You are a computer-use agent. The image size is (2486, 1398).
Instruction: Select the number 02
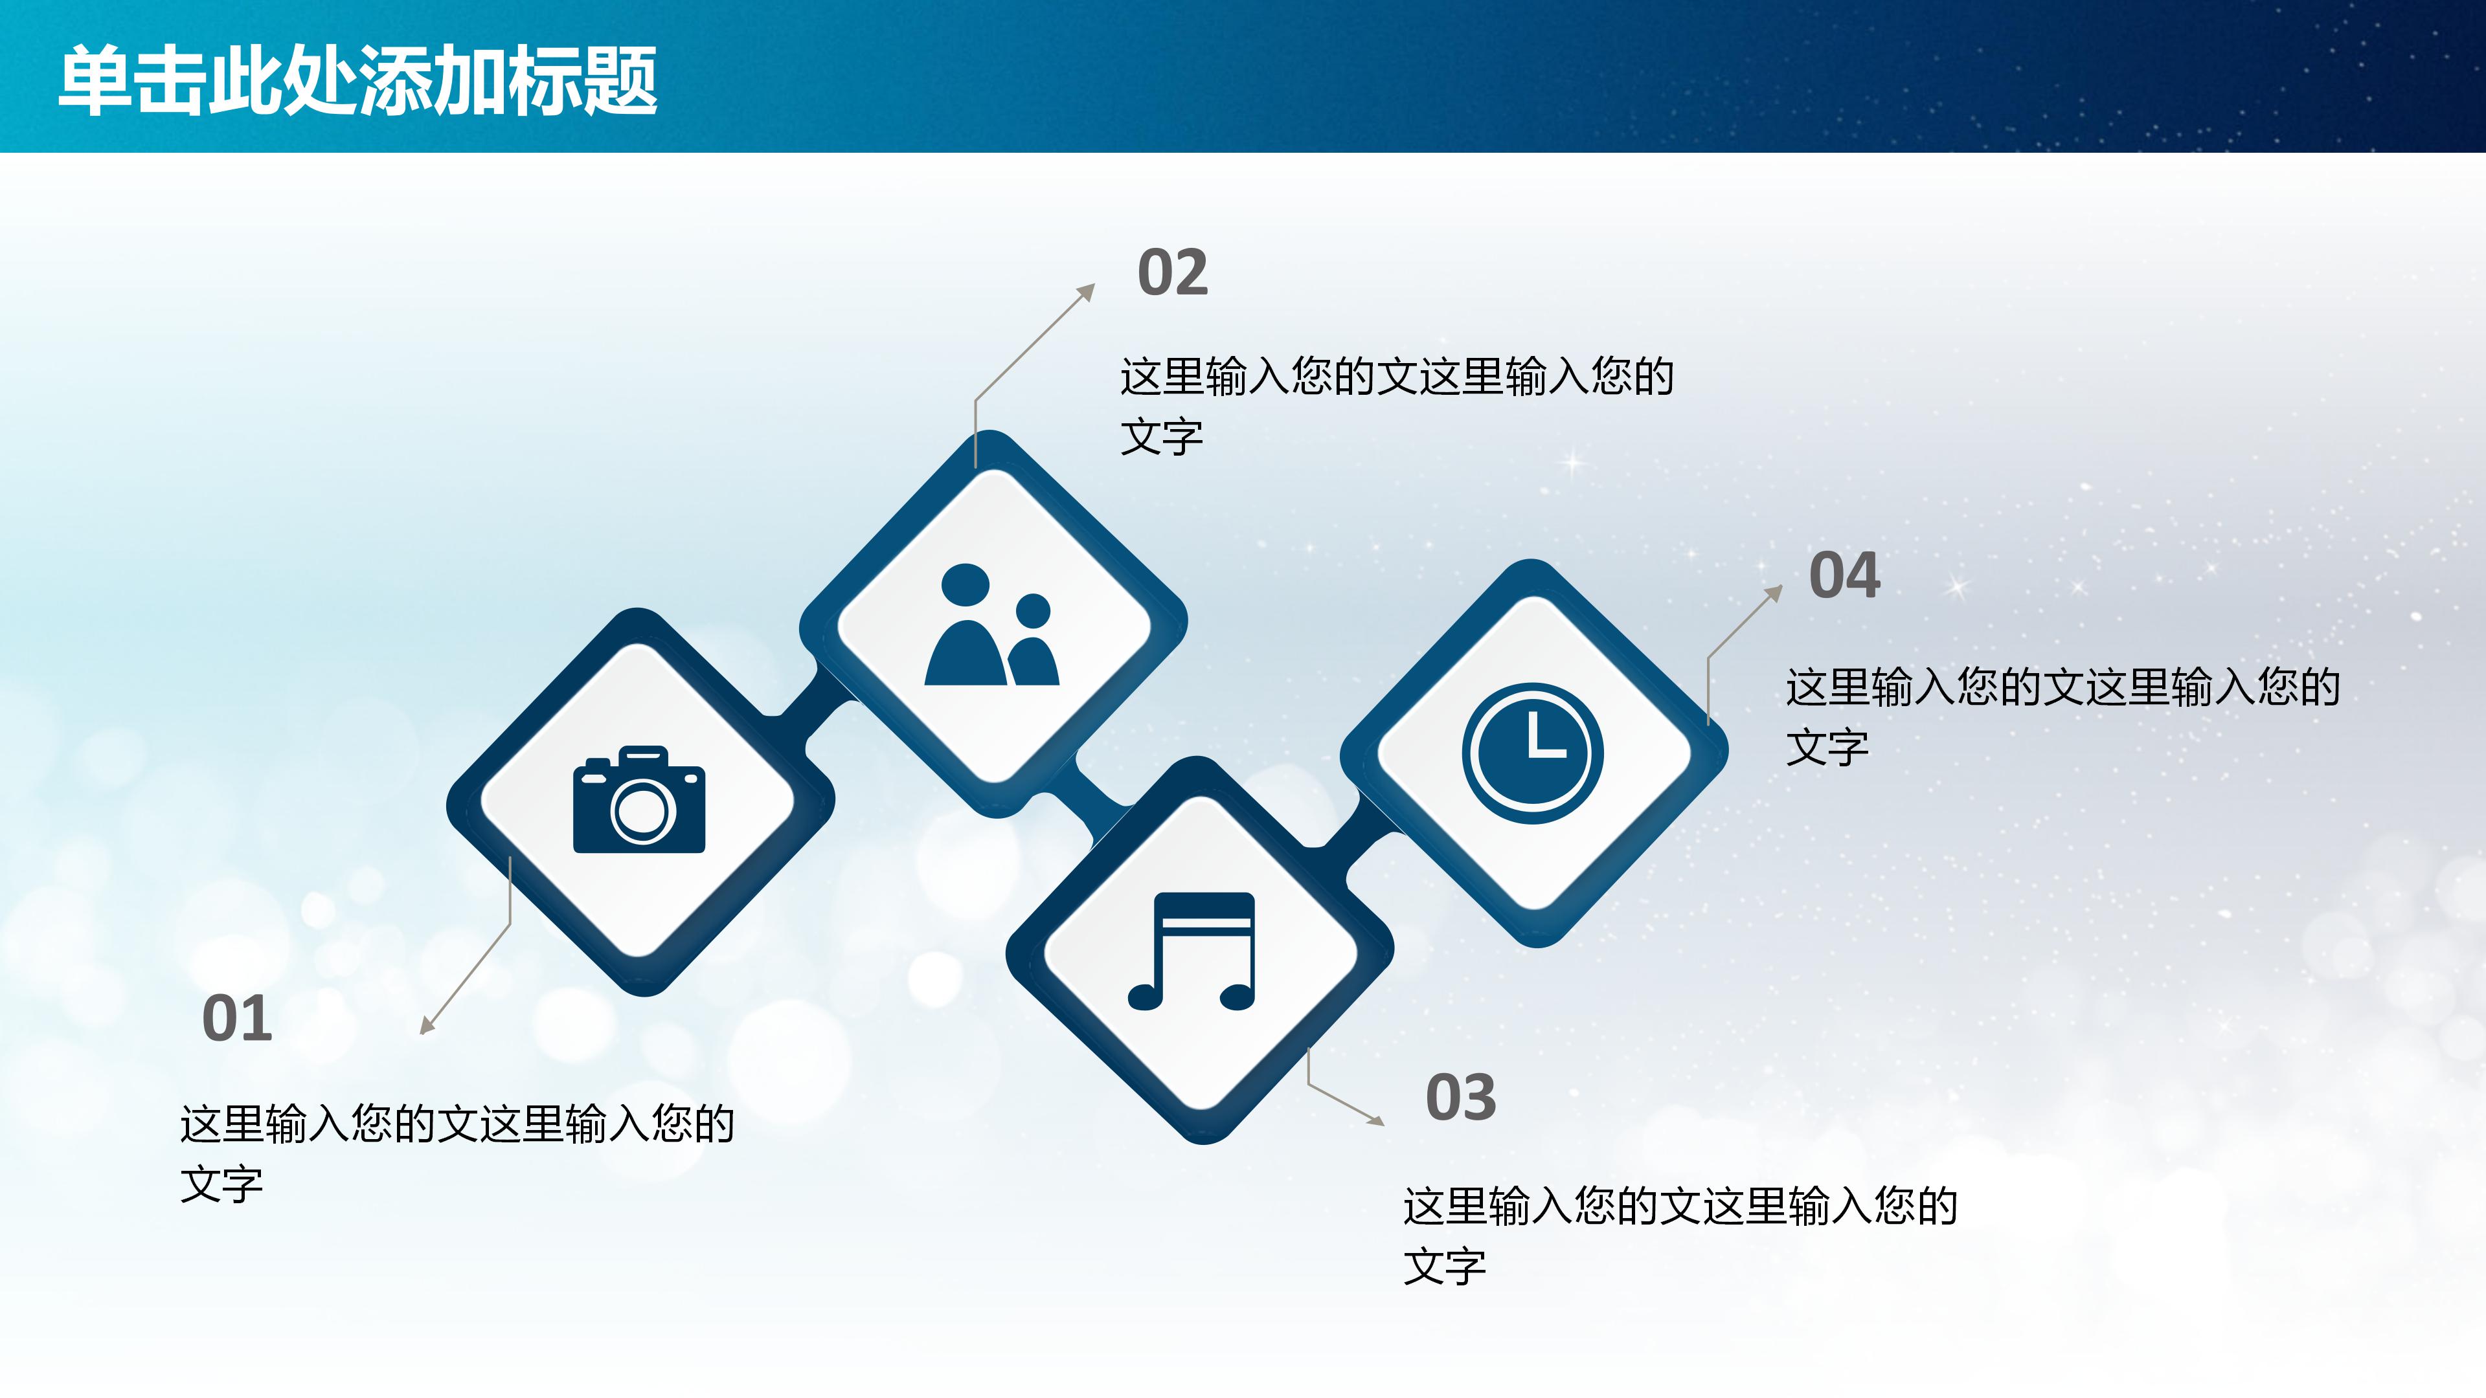pos(1173,273)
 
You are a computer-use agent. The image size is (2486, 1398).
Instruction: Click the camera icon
pos(639,800)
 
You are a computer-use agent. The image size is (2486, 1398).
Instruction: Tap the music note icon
pos(1193,951)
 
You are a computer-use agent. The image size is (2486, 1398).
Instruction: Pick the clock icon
pos(1533,753)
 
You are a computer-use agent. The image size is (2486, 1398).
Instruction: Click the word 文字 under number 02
pos(1162,437)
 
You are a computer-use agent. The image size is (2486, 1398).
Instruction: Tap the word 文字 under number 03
pos(1445,1267)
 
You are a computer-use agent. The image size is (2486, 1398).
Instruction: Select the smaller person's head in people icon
pos(1033,610)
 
